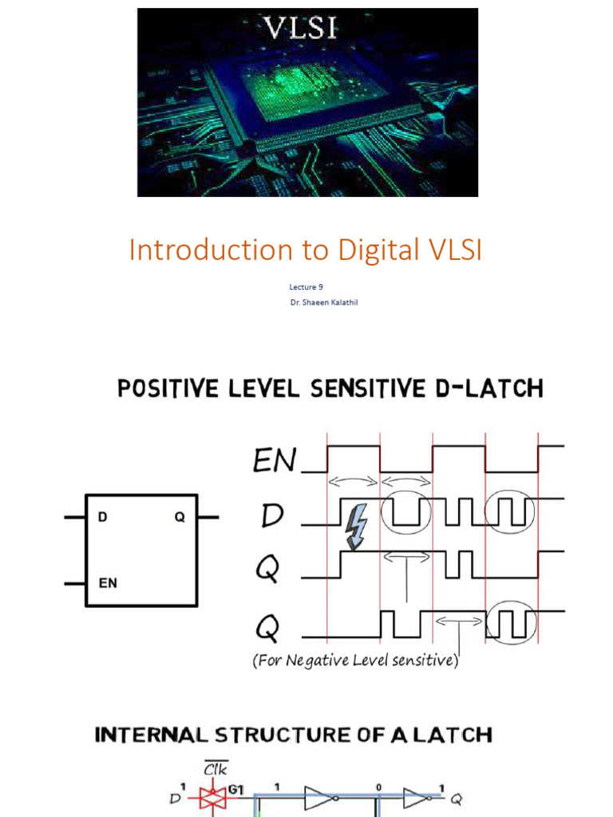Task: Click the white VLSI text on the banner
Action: (301, 30)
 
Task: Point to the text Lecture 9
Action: (306, 286)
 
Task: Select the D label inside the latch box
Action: (102, 517)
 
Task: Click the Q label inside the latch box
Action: (180, 517)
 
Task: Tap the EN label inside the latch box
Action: (108, 583)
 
